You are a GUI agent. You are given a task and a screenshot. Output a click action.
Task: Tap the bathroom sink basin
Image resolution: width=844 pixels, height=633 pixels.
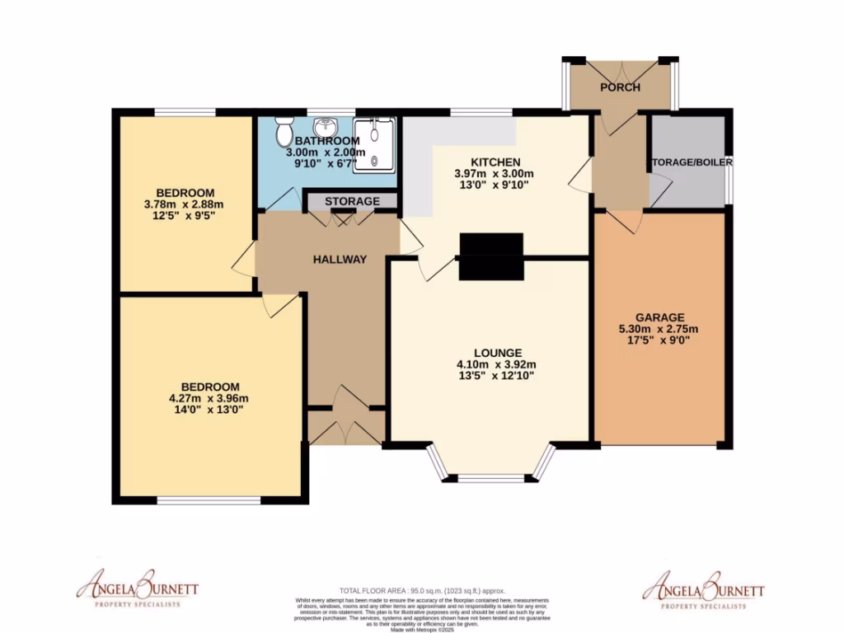(x=330, y=126)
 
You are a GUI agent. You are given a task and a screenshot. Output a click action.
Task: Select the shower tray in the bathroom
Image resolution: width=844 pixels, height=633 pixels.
(x=375, y=143)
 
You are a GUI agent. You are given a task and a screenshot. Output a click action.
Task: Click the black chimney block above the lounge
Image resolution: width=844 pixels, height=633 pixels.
(x=491, y=256)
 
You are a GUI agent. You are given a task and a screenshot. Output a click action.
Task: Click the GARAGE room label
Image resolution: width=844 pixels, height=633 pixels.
(x=659, y=316)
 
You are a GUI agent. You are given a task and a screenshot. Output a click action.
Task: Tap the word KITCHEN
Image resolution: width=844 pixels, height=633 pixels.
(x=495, y=162)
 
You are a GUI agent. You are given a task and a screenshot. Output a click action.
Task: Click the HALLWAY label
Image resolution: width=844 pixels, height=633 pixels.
(x=340, y=259)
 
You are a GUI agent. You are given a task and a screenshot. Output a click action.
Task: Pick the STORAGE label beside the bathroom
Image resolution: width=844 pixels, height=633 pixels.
(x=352, y=201)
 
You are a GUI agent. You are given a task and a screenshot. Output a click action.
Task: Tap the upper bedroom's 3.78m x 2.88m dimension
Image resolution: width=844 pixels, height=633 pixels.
(x=185, y=204)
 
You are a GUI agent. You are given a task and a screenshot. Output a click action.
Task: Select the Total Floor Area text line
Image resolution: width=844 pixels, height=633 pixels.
(x=422, y=591)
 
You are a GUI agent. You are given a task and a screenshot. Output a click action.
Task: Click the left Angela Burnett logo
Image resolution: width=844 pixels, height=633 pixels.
(x=138, y=588)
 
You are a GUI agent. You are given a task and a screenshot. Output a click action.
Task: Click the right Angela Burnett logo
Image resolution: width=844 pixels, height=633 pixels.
(x=703, y=588)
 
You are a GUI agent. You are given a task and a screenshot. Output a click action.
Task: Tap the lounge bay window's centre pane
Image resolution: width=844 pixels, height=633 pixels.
(x=490, y=478)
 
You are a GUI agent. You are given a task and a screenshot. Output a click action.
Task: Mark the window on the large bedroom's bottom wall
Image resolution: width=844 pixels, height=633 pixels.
(x=209, y=500)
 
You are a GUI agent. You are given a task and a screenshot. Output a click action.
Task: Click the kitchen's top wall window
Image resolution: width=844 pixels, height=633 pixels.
(x=481, y=112)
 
